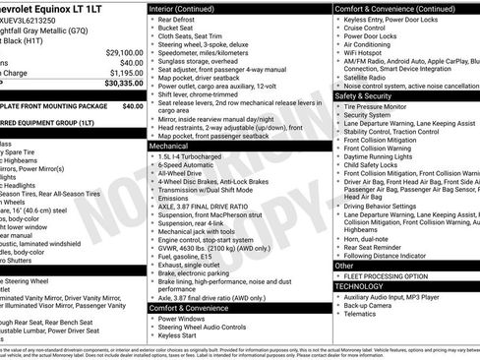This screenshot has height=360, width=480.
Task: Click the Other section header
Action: (345, 266)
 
